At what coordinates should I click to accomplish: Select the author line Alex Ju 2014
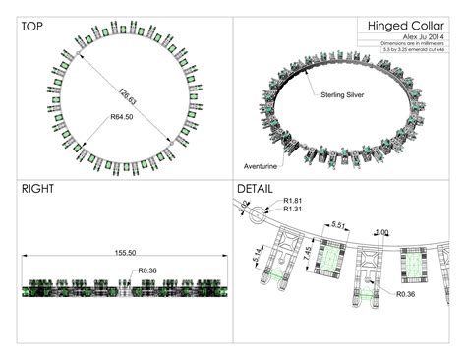[419, 36]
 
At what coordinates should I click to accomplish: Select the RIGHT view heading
[37, 188]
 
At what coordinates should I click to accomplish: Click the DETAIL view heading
[258, 188]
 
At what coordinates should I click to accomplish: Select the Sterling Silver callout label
[344, 95]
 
